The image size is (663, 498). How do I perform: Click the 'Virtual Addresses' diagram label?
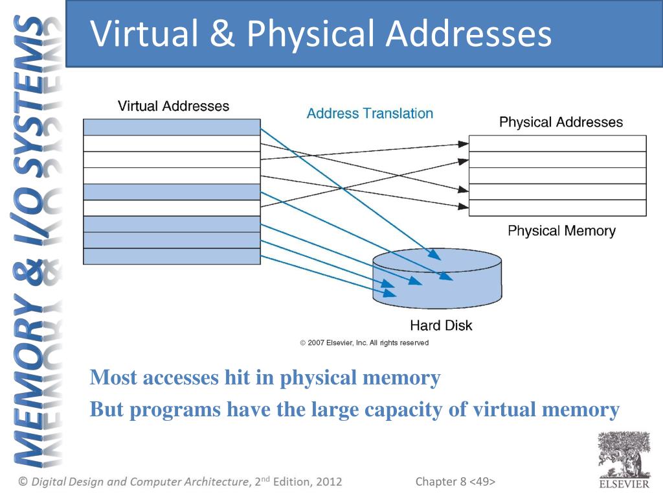173,106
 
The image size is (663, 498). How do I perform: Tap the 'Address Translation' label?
370,113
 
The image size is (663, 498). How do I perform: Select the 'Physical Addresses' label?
561,122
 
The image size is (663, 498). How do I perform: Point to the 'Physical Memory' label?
561,231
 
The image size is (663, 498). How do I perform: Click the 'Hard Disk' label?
441,325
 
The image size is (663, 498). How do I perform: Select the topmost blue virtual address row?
172,127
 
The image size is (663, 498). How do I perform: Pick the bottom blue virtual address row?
172,256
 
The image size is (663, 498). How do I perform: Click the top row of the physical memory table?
557,143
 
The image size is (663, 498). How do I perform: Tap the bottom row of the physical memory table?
557,207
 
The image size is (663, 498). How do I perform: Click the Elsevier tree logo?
623,457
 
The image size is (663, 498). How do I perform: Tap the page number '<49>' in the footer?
482,482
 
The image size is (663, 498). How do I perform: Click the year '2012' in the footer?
328,482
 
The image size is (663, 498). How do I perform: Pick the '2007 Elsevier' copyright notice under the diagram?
364,342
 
